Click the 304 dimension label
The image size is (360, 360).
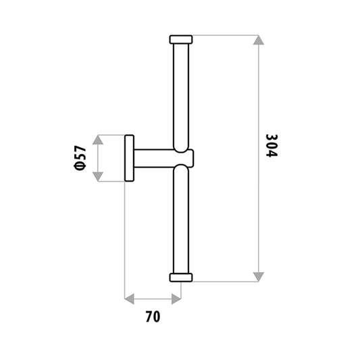pos(272,146)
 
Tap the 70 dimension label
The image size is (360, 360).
pos(153,317)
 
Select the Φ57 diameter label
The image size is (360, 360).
pos(80,158)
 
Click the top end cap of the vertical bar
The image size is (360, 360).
pos(181,39)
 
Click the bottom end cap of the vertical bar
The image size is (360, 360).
pos(181,278)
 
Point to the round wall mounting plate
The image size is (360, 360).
pos(129,158)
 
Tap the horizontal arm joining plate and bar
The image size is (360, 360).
pos(163,158)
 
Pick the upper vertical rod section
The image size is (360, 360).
pos(181,97)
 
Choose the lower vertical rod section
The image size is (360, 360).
pos(181,220)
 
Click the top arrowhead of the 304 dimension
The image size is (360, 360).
pos(259,40)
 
